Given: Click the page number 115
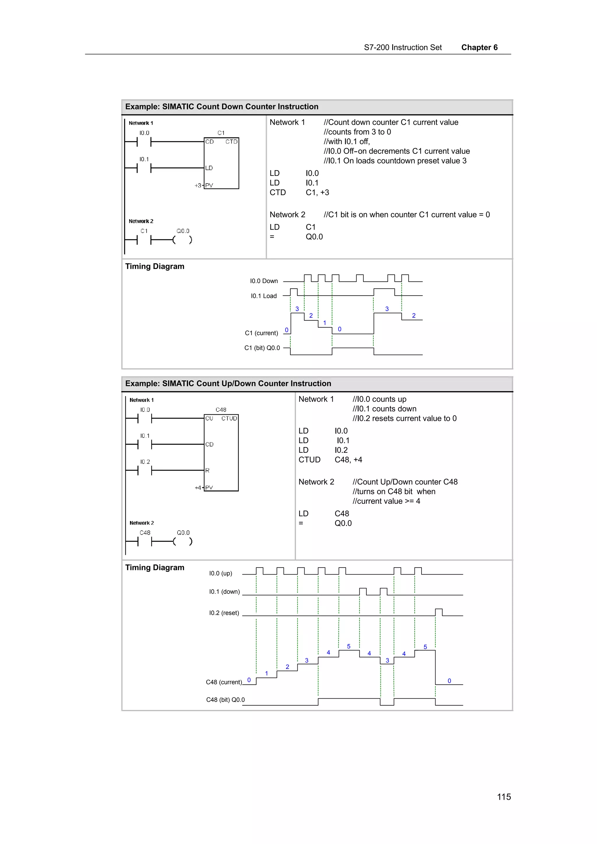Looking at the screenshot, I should point(503,797).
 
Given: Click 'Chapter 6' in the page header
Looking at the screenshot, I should point(479,47).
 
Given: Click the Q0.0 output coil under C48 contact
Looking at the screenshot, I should point(183,541).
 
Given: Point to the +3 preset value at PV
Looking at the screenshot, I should point(198,185).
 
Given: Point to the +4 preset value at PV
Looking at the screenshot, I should point(198,488).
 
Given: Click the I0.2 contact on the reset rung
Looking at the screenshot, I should point(145,470).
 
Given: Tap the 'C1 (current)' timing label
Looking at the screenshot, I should point(261,333).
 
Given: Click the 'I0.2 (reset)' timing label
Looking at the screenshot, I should point(224,613).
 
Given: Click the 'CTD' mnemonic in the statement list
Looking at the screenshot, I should point(278,192).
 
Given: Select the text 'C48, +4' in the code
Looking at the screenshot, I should point(348,460).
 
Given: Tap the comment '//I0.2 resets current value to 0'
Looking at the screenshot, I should point(405,418).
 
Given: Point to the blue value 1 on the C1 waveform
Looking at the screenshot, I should point(324,323).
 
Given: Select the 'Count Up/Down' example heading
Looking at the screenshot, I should point(228,383).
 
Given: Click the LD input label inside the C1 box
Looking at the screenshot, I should point(209,168).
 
